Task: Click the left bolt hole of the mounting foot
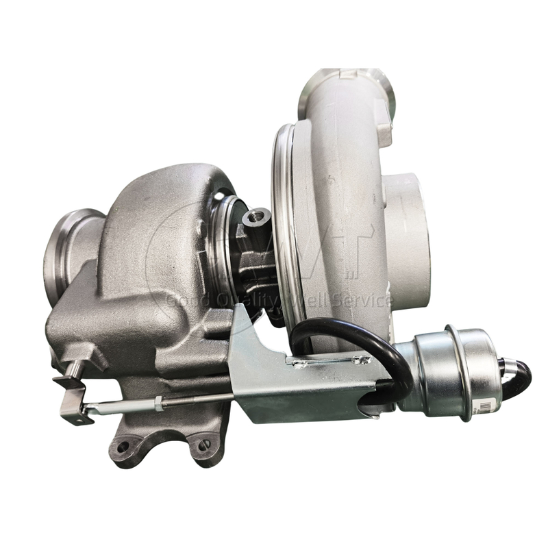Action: (123, 447)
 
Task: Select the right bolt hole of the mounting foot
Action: (202, 446)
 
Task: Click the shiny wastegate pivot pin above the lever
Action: (76, 367)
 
